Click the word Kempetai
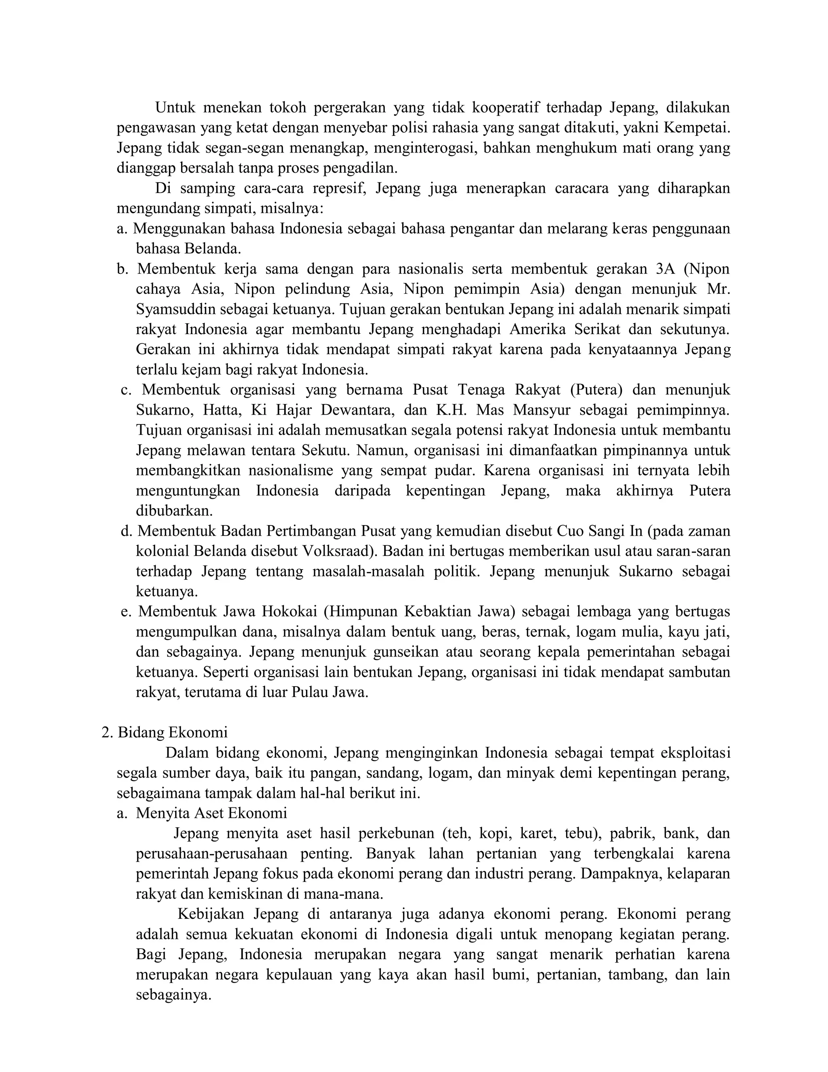(697, 127)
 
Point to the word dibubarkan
(174, 511)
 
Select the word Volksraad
(336, 551)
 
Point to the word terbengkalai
(633, 854)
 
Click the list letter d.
(127, 532)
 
